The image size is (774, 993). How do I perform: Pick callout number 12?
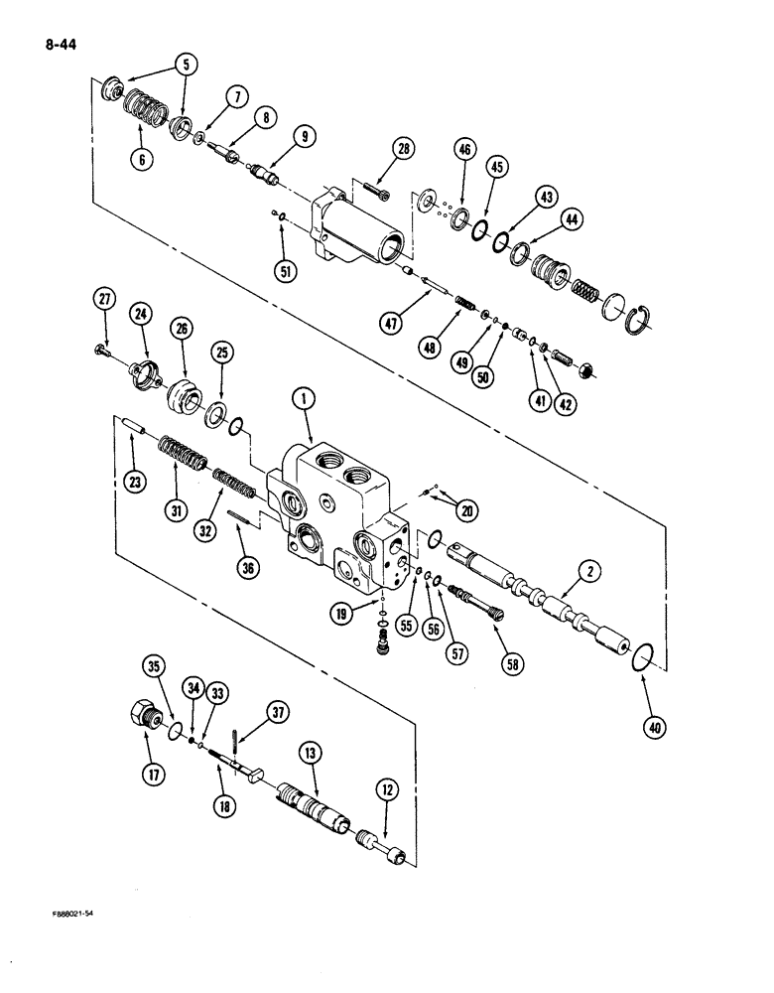pos(387,789)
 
